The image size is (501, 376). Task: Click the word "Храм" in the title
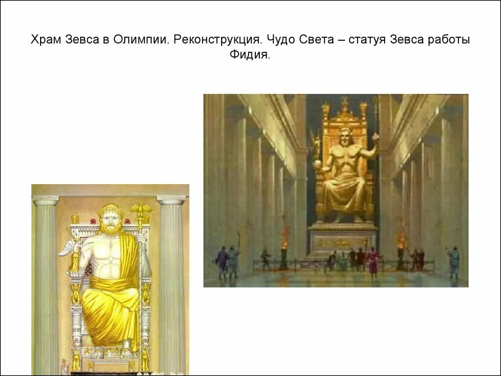point(46,40)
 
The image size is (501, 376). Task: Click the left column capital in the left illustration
point(46,200)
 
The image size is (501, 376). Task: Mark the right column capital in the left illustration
point(171,200)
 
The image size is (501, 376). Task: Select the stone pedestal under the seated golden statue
point(342,239)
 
